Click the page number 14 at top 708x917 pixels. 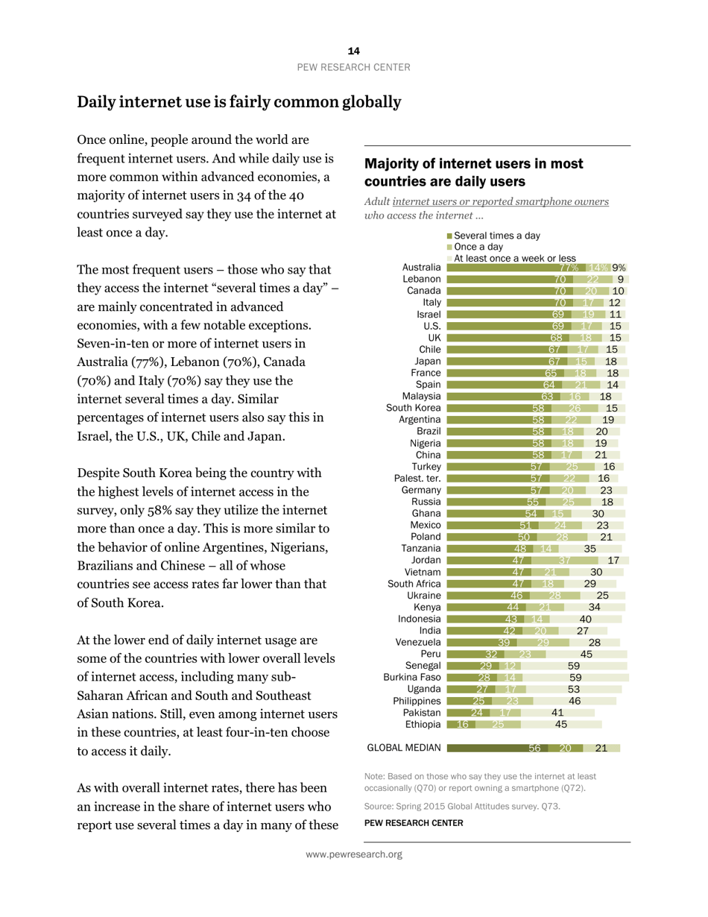353,51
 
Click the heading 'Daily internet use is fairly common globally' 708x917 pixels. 239,101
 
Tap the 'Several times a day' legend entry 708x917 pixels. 496,236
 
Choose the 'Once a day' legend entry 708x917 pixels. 477,247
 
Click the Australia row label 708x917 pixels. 422,268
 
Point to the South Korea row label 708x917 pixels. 414,407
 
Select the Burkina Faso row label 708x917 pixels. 412,677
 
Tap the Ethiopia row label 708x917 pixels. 420,724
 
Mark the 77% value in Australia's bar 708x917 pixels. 570,268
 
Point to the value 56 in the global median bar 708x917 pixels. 534,748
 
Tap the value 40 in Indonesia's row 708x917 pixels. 586,618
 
